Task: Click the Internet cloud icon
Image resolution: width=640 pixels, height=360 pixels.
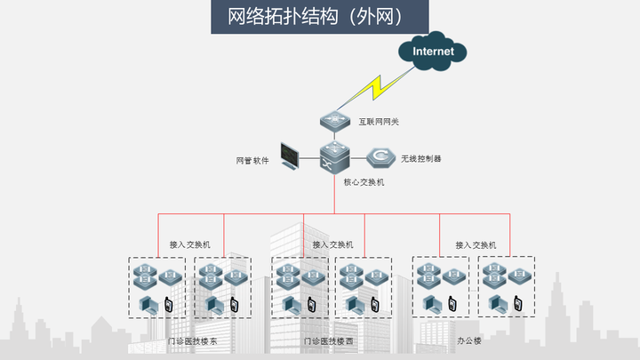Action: [433, 52]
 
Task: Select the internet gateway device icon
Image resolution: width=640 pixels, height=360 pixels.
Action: [334, 120]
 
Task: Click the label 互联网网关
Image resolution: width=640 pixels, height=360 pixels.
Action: [379, 122]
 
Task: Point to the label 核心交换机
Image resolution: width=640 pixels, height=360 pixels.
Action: [364, 182]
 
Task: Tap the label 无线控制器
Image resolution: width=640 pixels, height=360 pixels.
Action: [420, 159]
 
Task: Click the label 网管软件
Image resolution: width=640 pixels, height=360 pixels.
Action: [252, 162]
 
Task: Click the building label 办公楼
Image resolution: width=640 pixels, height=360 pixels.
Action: [468, 341]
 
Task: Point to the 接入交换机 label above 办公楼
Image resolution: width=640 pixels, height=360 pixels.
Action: [476, 244]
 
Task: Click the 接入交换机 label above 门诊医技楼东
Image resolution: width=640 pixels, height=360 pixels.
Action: [189, 244]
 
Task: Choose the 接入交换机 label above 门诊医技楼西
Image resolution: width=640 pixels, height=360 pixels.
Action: [332, 244]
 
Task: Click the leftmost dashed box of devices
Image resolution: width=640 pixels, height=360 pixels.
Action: [156, 288]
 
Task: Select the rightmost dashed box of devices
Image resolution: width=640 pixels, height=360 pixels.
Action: [506, 287]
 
